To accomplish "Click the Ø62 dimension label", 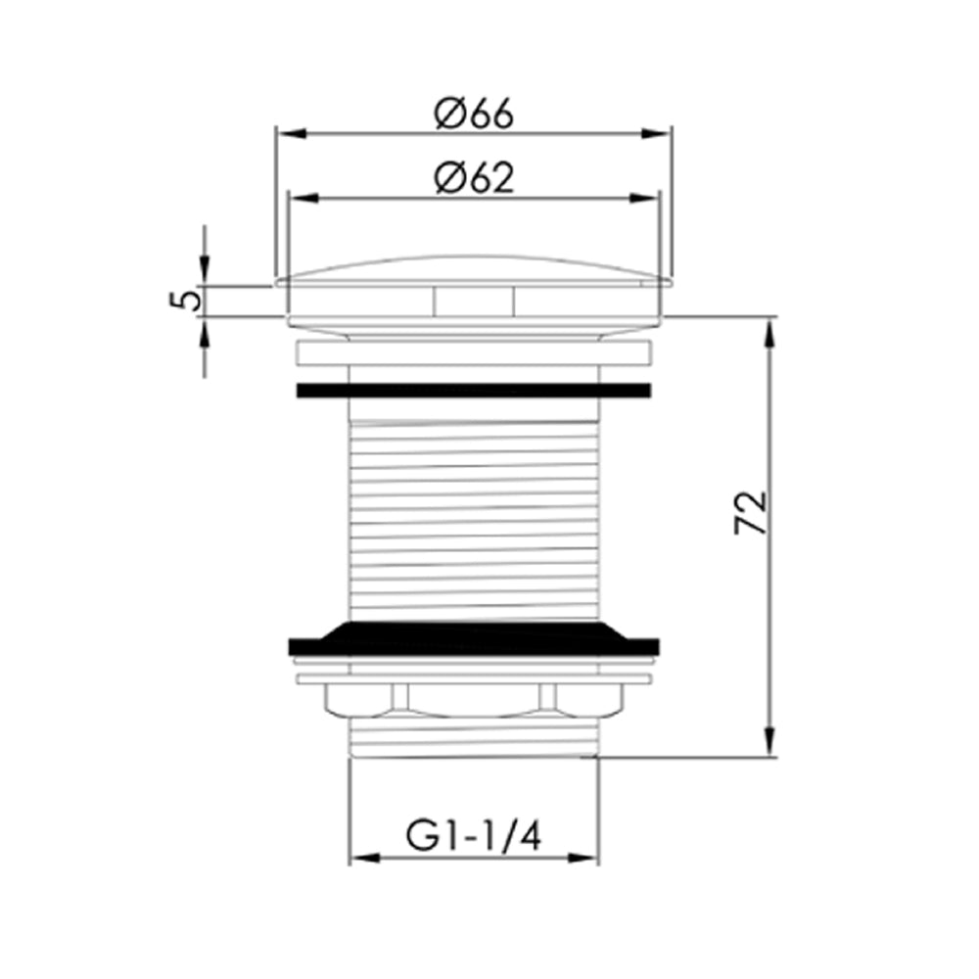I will pyautogui.click(x=474, y=178).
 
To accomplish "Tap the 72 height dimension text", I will pyautogui.click(x=750, y=512).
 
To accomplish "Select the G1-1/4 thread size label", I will pyautogui.click(x=473, y=838).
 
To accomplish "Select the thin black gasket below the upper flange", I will pyautogui.click(x=473, y=390).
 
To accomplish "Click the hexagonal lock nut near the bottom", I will pyautogui.click(x=473, y=699).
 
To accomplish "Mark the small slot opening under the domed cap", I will pyautogui.click(x=473, y=302).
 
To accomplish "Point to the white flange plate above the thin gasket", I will pyautogui.click(x=473, y=354).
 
